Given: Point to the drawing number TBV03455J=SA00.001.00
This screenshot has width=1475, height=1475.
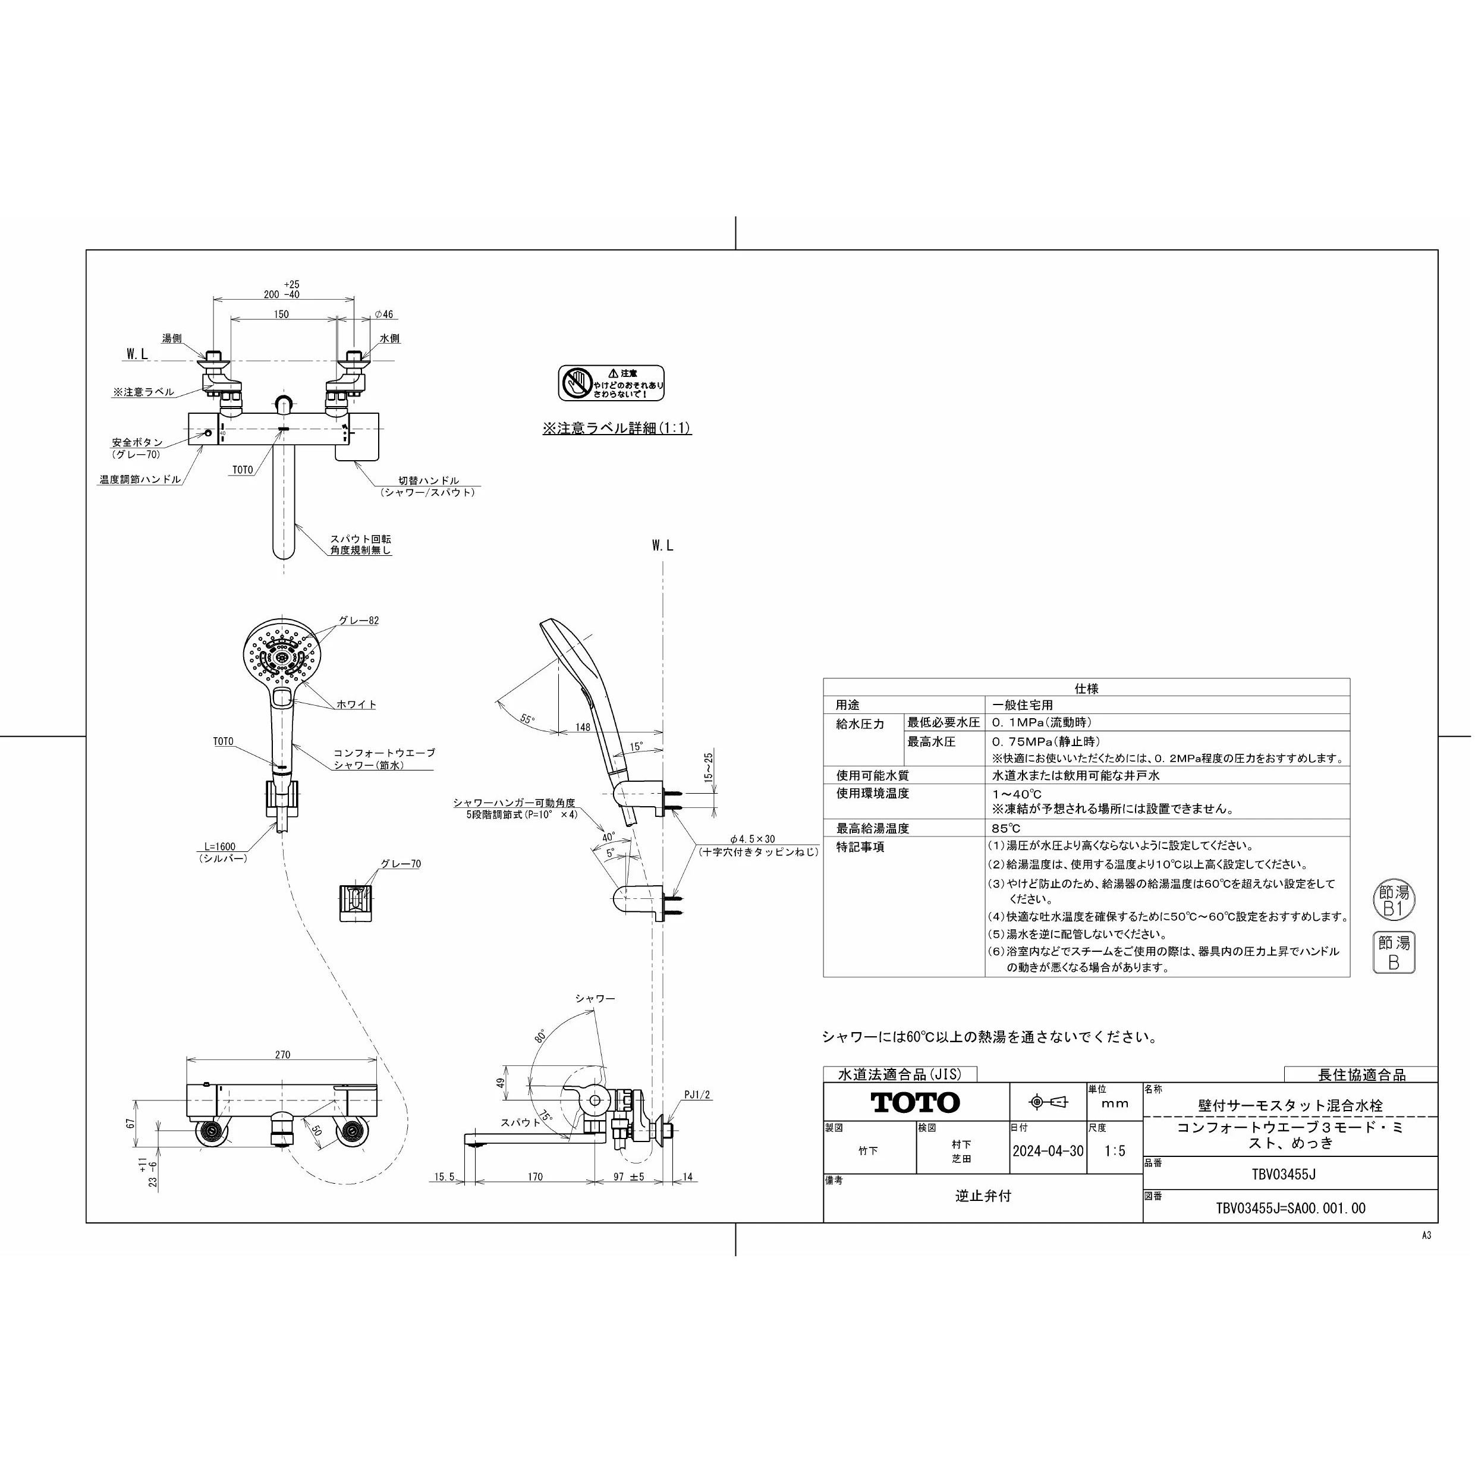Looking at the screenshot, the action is [1290, 1208].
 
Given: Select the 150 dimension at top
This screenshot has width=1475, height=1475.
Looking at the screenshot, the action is [281, 314].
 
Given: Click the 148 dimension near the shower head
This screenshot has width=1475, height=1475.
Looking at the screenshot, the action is [583, 727].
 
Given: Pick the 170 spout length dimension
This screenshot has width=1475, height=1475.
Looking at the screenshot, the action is [534, 1177].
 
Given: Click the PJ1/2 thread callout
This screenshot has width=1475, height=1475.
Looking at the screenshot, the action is [696, 1094].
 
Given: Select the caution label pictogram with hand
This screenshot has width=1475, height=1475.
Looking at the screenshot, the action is [577, 382].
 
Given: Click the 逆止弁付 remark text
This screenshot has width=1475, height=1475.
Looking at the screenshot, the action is [983, 1196].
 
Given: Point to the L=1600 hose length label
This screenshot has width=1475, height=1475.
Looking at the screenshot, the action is [220, 846].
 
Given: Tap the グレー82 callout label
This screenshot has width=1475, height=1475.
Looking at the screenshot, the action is [359, 620].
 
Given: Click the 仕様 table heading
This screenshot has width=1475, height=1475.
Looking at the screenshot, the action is [1086, 688].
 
